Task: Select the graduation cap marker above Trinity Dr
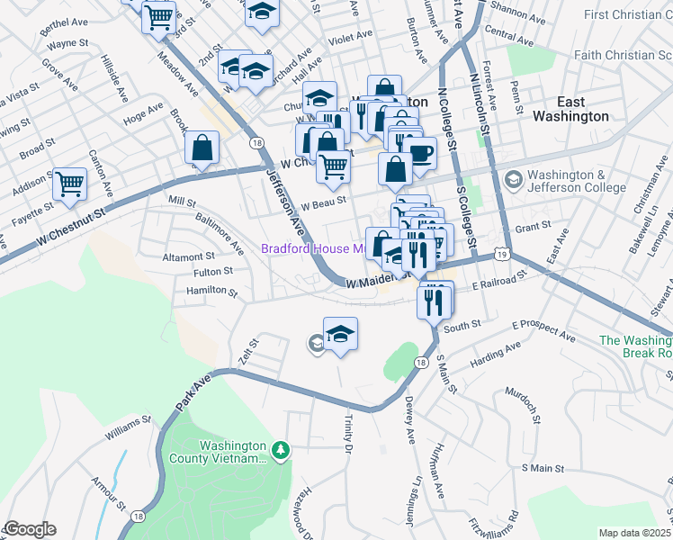(340, 335)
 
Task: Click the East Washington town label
(570, 109)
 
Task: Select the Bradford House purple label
(311, 248)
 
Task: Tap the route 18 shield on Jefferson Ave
(257, 144)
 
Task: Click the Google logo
(29, 529)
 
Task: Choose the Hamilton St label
(211, 292)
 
